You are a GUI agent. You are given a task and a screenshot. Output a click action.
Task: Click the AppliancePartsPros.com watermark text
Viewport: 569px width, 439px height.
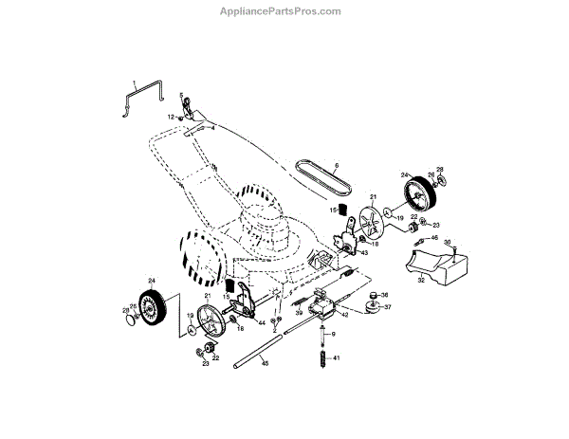coord(285,10)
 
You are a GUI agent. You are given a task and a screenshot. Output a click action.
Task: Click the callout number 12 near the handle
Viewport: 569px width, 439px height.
coord(171,117)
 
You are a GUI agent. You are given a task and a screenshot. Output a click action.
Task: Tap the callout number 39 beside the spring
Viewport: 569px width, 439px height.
coord(299,313)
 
